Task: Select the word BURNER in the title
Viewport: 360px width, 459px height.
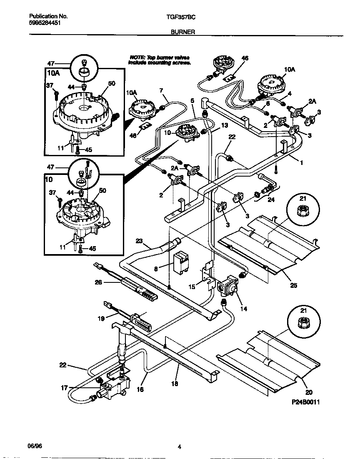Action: [180, 31]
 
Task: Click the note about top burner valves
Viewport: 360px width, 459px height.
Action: [160, 60]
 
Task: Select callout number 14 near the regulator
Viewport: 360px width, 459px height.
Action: [244, 309]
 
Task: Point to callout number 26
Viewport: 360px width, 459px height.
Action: [98, 282]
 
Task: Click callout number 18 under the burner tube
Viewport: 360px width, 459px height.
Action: [175, 384]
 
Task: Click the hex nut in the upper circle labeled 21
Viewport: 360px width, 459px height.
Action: [302, 211]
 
